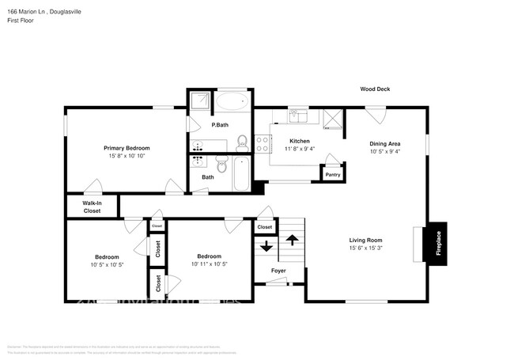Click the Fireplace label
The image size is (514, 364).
pos(439,242)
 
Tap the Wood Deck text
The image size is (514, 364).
pos(376,89)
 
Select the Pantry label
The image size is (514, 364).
pos(333,175)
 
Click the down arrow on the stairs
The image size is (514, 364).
pos(265,245)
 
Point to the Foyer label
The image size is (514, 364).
pos(278,271)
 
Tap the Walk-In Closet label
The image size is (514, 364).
pos(92,207)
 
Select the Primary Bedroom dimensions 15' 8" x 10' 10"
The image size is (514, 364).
pos(127,156)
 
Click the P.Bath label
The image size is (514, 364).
pos(220,126)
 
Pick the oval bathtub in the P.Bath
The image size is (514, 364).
pos(232,101)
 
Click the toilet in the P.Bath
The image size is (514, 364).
pos(243,144)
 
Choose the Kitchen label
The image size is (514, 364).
pos(300,140)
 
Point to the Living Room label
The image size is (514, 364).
pos(366,240)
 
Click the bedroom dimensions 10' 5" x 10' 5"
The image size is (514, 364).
pos(108,265)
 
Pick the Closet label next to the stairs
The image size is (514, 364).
pos(264,227)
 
